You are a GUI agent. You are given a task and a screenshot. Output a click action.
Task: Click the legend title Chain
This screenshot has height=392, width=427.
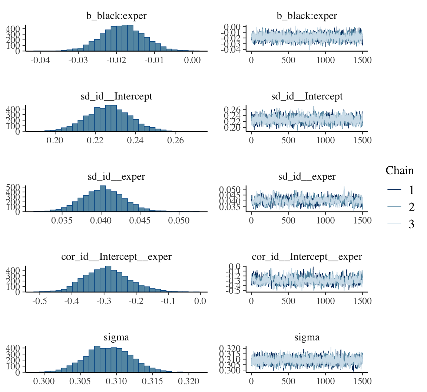[400, 170]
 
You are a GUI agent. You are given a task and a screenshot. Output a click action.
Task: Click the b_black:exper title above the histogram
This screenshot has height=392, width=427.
[116, 16]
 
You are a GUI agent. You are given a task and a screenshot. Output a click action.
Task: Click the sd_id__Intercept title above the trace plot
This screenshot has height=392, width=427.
[307, 97]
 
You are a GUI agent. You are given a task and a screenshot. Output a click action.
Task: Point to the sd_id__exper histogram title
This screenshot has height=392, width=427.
[116, 177]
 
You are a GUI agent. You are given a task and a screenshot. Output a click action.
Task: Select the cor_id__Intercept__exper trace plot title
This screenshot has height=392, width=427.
[307, 257]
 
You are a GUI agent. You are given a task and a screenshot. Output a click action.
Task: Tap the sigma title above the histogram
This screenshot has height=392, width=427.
[116, 337]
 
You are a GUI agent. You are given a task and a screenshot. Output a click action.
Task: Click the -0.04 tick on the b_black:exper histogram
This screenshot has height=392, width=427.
[40, 61]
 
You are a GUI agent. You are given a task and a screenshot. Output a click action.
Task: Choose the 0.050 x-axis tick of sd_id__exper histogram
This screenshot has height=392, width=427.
[179, 221]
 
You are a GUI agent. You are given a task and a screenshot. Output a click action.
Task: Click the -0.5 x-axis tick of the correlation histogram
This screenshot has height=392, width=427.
[39, 301]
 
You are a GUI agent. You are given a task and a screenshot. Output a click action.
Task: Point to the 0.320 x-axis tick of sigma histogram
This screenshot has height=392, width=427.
[188, 381]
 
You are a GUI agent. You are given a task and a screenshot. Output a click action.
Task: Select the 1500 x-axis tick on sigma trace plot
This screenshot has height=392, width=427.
[362, 381]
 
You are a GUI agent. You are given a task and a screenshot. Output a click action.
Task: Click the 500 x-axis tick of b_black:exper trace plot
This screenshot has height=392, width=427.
[288, 61]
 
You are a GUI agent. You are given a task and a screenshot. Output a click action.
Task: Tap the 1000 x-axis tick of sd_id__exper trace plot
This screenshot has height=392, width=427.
[325, 221]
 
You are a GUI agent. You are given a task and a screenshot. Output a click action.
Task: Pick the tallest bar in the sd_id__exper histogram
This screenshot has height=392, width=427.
[103, 199]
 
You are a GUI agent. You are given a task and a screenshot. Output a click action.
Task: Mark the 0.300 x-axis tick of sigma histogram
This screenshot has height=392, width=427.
[44, 381]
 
